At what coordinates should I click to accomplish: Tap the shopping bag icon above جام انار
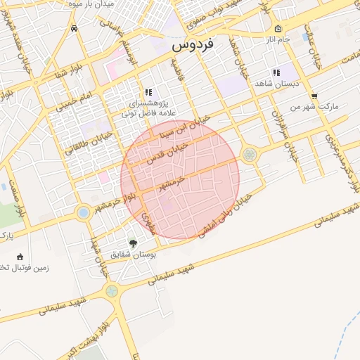click(x=278, y=29)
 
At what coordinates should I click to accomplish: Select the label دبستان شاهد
click(x=276, y=82)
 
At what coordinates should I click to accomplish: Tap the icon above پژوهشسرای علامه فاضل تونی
click(x=148, y=91)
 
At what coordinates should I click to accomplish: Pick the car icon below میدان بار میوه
click(x=75, y=29)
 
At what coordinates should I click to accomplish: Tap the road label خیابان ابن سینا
click(x=185, y=126)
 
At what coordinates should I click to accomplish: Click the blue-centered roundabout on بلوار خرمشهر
click(x=84, y=212)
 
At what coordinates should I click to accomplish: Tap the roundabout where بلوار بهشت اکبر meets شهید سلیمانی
click(x=111, y=290)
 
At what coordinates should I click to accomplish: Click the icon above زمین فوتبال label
click(x=20, y=256)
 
